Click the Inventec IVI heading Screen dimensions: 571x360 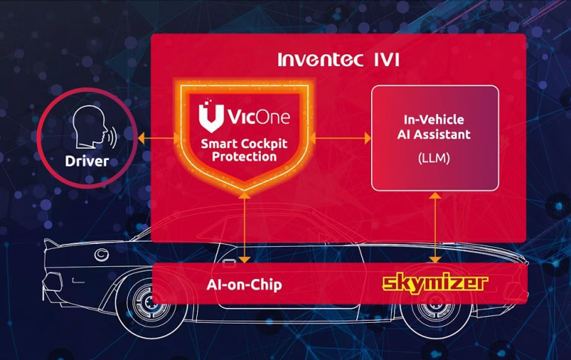[338, 60]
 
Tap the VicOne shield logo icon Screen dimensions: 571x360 [211, 116]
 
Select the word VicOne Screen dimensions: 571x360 [259, 117]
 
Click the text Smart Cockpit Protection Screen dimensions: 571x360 [244, 150]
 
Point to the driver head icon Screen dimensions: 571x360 [89, 126]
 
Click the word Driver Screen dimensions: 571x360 [87, 161]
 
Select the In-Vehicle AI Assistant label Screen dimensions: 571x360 [433, 126]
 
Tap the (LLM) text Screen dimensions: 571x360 [433, 158]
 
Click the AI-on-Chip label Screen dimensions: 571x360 [244, 285]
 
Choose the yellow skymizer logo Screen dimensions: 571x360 [435, 283]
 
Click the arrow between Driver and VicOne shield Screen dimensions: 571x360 [159, 138]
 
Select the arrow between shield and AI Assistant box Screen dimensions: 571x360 [340, 138]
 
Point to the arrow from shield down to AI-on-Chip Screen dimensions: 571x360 [245, 228]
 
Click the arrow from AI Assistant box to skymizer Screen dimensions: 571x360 [435, 228]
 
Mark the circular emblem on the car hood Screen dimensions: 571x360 [102, 254]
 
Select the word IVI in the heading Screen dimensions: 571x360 [387, 60]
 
